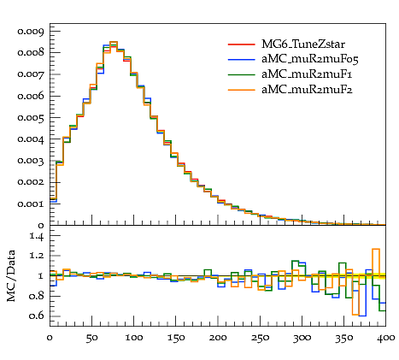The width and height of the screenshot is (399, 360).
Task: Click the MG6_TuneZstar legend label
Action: coord(303,44)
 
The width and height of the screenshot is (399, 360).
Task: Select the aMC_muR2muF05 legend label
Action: coord(310,59)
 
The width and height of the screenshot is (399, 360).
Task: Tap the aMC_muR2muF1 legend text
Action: coord(307,74)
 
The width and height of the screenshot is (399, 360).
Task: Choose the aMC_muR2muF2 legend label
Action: coord(307,90)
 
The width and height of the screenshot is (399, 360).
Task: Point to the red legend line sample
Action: coord(242,44)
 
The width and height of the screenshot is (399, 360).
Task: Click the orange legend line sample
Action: coord(242,90)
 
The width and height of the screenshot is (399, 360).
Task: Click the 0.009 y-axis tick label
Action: coord(31,31)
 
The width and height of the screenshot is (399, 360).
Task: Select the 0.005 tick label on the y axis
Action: coord(31,118)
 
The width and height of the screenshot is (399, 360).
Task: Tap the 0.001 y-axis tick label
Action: coord(31,204)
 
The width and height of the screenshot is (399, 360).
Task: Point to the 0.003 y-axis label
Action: coord(31,161)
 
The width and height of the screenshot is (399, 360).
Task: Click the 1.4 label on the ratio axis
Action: coord(37,237)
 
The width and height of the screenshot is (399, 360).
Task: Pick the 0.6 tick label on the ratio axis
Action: coord(37,316)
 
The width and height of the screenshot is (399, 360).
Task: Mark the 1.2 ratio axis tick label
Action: coord(37,256)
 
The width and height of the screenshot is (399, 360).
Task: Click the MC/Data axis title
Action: coord(11,275)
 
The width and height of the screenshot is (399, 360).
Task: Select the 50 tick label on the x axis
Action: coord(91,339)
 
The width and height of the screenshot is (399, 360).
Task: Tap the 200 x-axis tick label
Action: coord(218,338)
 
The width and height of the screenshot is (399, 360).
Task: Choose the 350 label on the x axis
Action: coord(344,339)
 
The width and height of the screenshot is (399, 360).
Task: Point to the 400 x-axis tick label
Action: coord(386,338)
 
